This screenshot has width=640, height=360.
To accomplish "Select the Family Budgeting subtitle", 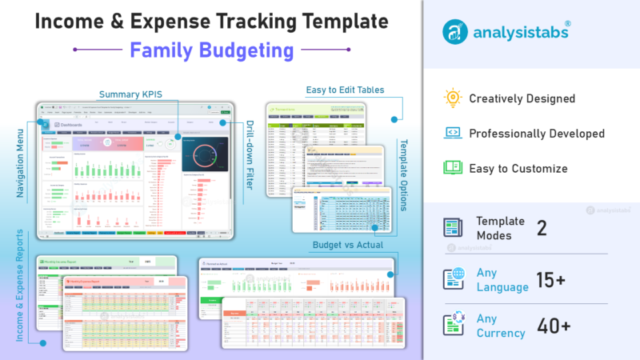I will click(212, 51).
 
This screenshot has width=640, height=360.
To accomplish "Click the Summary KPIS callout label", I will click(130, 95).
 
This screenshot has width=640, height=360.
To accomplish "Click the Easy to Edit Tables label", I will click(345, 90).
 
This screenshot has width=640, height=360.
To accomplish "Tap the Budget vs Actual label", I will click(348, 245).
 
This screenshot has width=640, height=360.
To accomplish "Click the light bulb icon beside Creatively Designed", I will click(454, 98).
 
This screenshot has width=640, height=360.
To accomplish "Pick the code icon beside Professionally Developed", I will click(454, 133).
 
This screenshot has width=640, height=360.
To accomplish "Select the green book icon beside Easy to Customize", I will click(454, 167).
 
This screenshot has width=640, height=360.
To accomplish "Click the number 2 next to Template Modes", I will click(542, 228).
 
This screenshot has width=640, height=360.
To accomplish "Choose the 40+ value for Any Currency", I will click(554, 326).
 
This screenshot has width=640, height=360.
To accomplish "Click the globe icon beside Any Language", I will click(454, 279).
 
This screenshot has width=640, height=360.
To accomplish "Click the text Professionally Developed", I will click(536, 134).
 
